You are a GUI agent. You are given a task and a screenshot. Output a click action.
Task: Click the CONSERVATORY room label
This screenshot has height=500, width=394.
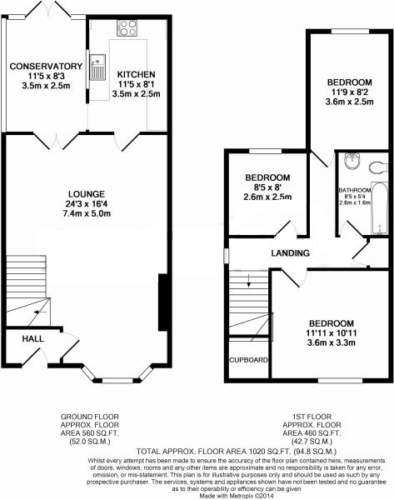pos(46,67)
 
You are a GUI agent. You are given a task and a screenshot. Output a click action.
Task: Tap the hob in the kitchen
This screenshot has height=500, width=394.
pos(127,28)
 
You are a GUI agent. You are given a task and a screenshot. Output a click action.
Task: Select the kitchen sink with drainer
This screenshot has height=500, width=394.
pos(97,67)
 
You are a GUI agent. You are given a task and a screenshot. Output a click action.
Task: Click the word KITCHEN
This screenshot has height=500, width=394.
pos(136,75)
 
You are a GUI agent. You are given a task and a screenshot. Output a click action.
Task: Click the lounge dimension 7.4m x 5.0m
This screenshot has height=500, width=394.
pos(87,213)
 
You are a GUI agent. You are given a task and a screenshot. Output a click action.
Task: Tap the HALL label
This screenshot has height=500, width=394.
pos(32,338)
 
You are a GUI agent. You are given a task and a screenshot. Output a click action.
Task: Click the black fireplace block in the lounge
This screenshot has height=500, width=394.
pos(163,302)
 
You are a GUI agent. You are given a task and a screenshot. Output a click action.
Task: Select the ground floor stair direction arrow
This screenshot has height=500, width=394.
pos(40,312)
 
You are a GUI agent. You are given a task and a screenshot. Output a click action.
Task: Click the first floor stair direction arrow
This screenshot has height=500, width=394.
pos(249,280)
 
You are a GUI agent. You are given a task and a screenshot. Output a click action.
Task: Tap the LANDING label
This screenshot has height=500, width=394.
pos(291,253)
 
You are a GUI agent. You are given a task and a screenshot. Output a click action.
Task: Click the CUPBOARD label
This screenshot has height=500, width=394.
pos(248,360)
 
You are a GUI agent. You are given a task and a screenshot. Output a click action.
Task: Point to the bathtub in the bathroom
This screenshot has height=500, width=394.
pos(380,207)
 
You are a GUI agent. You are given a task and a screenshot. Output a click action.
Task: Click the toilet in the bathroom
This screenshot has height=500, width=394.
pos(378,167)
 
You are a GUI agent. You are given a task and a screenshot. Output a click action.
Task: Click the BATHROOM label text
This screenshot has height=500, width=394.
pos(355,190)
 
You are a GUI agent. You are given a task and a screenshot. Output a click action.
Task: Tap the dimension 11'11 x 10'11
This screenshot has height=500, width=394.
pos(332,333)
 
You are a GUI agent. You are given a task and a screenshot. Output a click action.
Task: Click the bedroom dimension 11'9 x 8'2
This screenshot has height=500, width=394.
pos(350,92)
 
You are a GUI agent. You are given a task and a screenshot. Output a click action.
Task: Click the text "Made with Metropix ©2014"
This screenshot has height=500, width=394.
pos(237,496)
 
